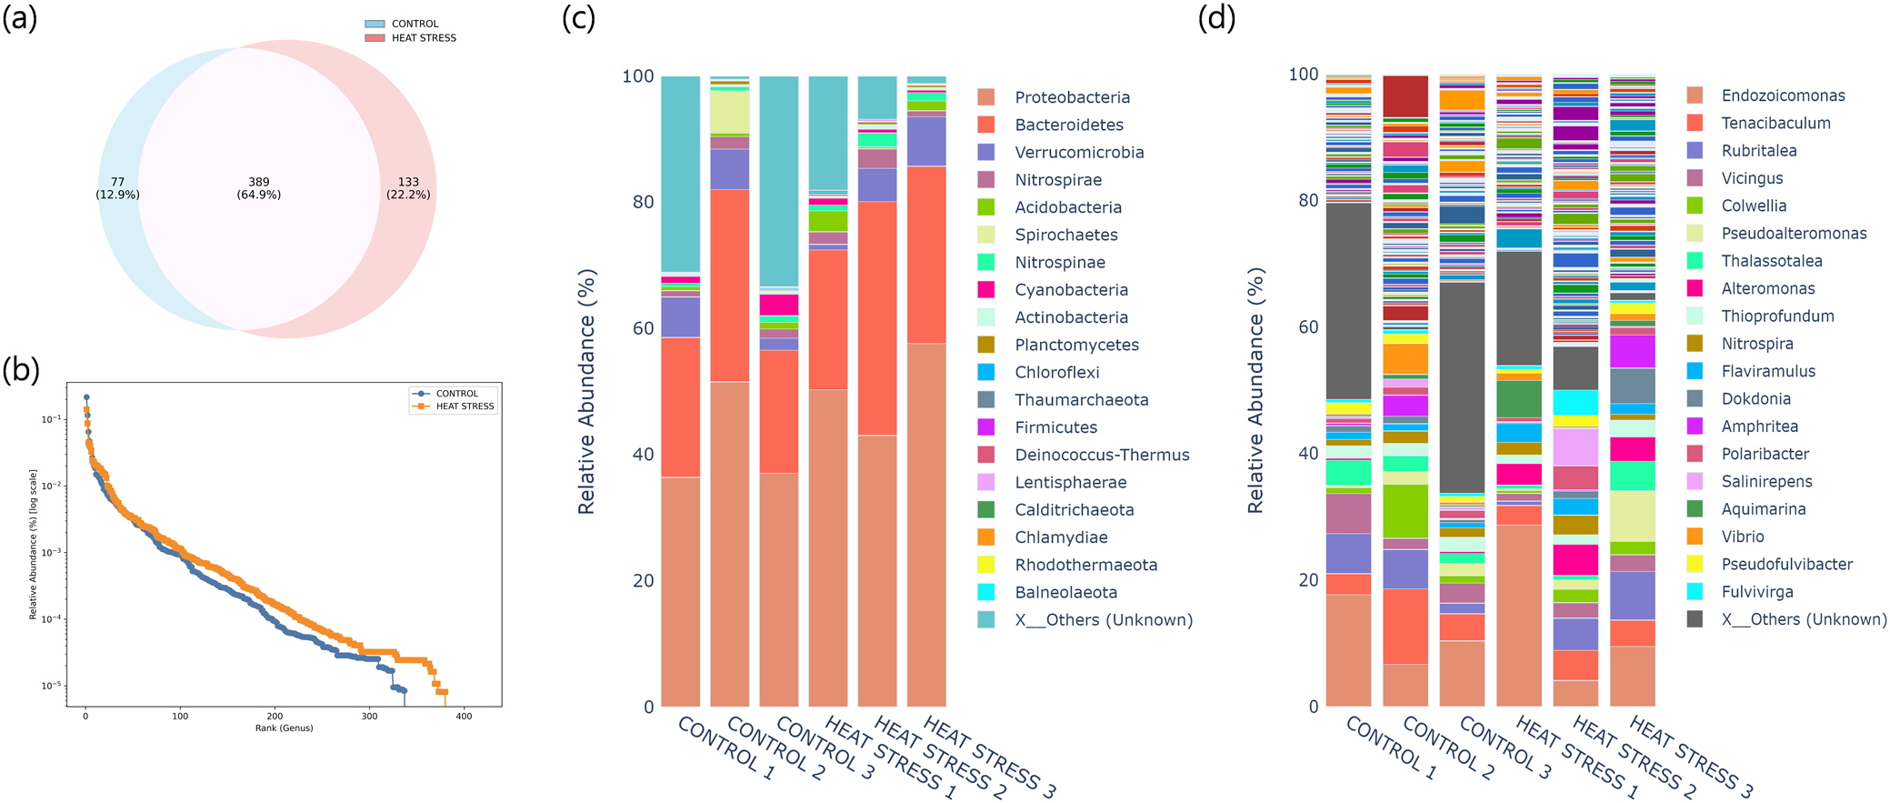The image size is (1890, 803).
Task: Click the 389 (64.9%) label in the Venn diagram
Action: click(x=259, y=188)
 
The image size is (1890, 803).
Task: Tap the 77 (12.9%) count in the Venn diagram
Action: click(x=117, y=188)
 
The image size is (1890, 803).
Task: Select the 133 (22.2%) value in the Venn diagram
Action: click(x=408, y=188)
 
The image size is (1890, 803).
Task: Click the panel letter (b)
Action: click(x=21, y=369)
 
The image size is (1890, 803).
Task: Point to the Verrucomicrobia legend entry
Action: click(x=1079, y=153)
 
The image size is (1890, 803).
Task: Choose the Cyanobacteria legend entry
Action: click(x=1071, y=290)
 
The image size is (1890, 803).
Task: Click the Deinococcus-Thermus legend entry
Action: click(x=1102, y=455)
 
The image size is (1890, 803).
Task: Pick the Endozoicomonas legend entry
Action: click(x=1783, y=96)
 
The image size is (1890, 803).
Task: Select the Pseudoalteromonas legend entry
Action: click(x=1794, y=234)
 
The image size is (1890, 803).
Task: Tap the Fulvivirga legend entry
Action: click(x=1757, y=592)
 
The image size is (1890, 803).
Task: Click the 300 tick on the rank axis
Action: click(x=369, y=717)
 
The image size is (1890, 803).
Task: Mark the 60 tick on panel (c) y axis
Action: click(x=643, y=328)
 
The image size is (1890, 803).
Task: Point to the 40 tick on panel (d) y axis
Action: click(x=1307, y=453)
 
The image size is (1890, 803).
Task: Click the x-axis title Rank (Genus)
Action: click(x=284, y=728)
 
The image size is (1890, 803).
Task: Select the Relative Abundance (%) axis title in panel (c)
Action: click(x=587, y=391)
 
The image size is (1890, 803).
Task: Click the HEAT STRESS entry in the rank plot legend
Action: click(x=465, y=407)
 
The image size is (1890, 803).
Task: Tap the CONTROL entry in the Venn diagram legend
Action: click(x=415, y=25)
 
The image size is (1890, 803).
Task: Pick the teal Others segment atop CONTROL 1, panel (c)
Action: click(x=680, y=173)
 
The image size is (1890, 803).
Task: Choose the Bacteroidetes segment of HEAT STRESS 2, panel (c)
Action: click(x=877, y=318)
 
